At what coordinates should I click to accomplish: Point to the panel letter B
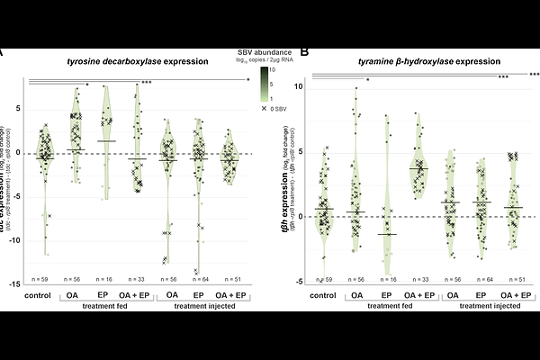point(304,52)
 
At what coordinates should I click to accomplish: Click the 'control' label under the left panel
point(38,294)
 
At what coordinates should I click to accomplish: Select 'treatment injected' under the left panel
point(199,306)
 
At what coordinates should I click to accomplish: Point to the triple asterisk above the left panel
point(146,83)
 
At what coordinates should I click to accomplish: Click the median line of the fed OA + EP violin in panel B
point(417,168)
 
